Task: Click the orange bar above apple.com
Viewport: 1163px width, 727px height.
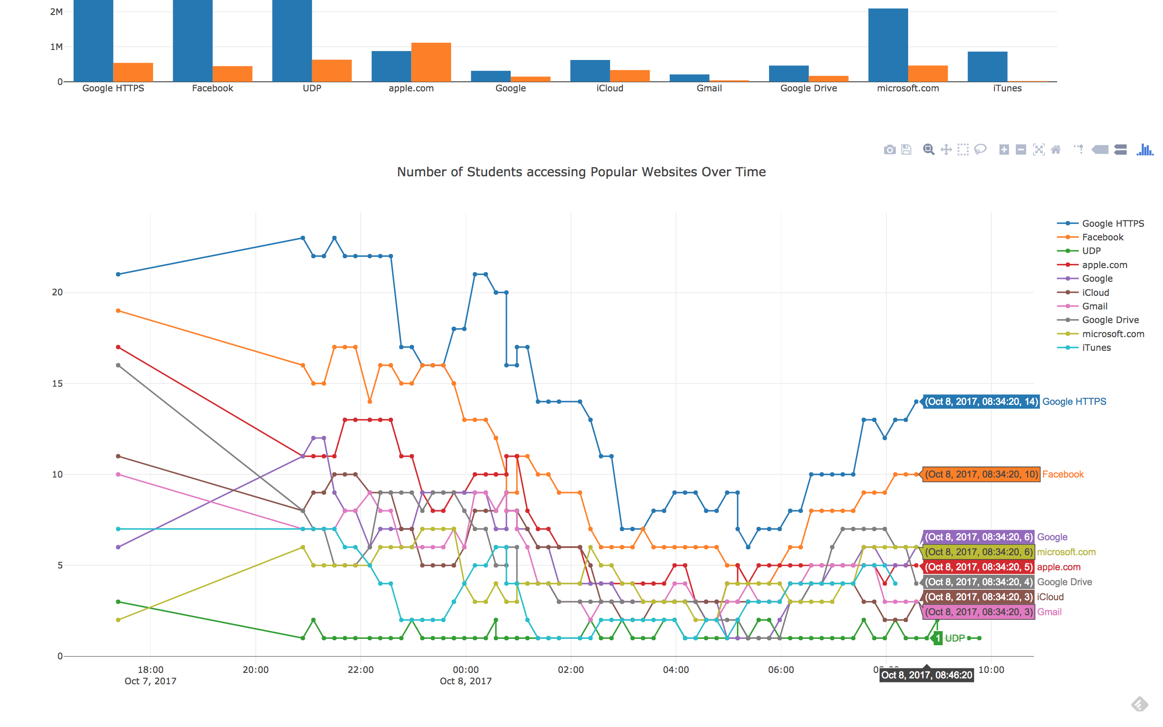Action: tap(431, 62)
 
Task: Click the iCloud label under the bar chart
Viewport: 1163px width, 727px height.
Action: tap(609, 89)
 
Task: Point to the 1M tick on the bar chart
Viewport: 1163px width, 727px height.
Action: tap(56, 47)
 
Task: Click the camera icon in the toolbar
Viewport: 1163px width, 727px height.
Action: tap(890, 150)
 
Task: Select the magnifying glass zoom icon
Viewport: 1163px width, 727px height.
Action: tap(929, 150)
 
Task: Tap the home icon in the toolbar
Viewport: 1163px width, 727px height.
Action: tap(1056, 150)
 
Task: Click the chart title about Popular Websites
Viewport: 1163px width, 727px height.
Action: tap(581, 172)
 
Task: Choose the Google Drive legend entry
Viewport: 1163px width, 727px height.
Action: tap(1110, 320)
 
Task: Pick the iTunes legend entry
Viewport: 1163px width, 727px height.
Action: tap(1096, 348)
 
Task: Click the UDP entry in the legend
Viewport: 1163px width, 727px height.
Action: tap(1091, 251)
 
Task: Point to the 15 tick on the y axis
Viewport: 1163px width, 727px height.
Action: tap(57, 383)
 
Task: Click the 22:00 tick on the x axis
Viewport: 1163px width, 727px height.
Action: tap(360, 670)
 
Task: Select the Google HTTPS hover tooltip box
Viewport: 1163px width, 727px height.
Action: tap(981, 402)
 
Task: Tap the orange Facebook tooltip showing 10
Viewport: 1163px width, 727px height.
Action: tap(981, 474)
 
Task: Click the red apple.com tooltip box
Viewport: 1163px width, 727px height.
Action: tap(979, 567)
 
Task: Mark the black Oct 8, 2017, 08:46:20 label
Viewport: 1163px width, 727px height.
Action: tap(927, 675)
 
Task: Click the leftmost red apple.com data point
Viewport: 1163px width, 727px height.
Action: tap(118, 347)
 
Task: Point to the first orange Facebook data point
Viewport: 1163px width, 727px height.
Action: tap(118, 311)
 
